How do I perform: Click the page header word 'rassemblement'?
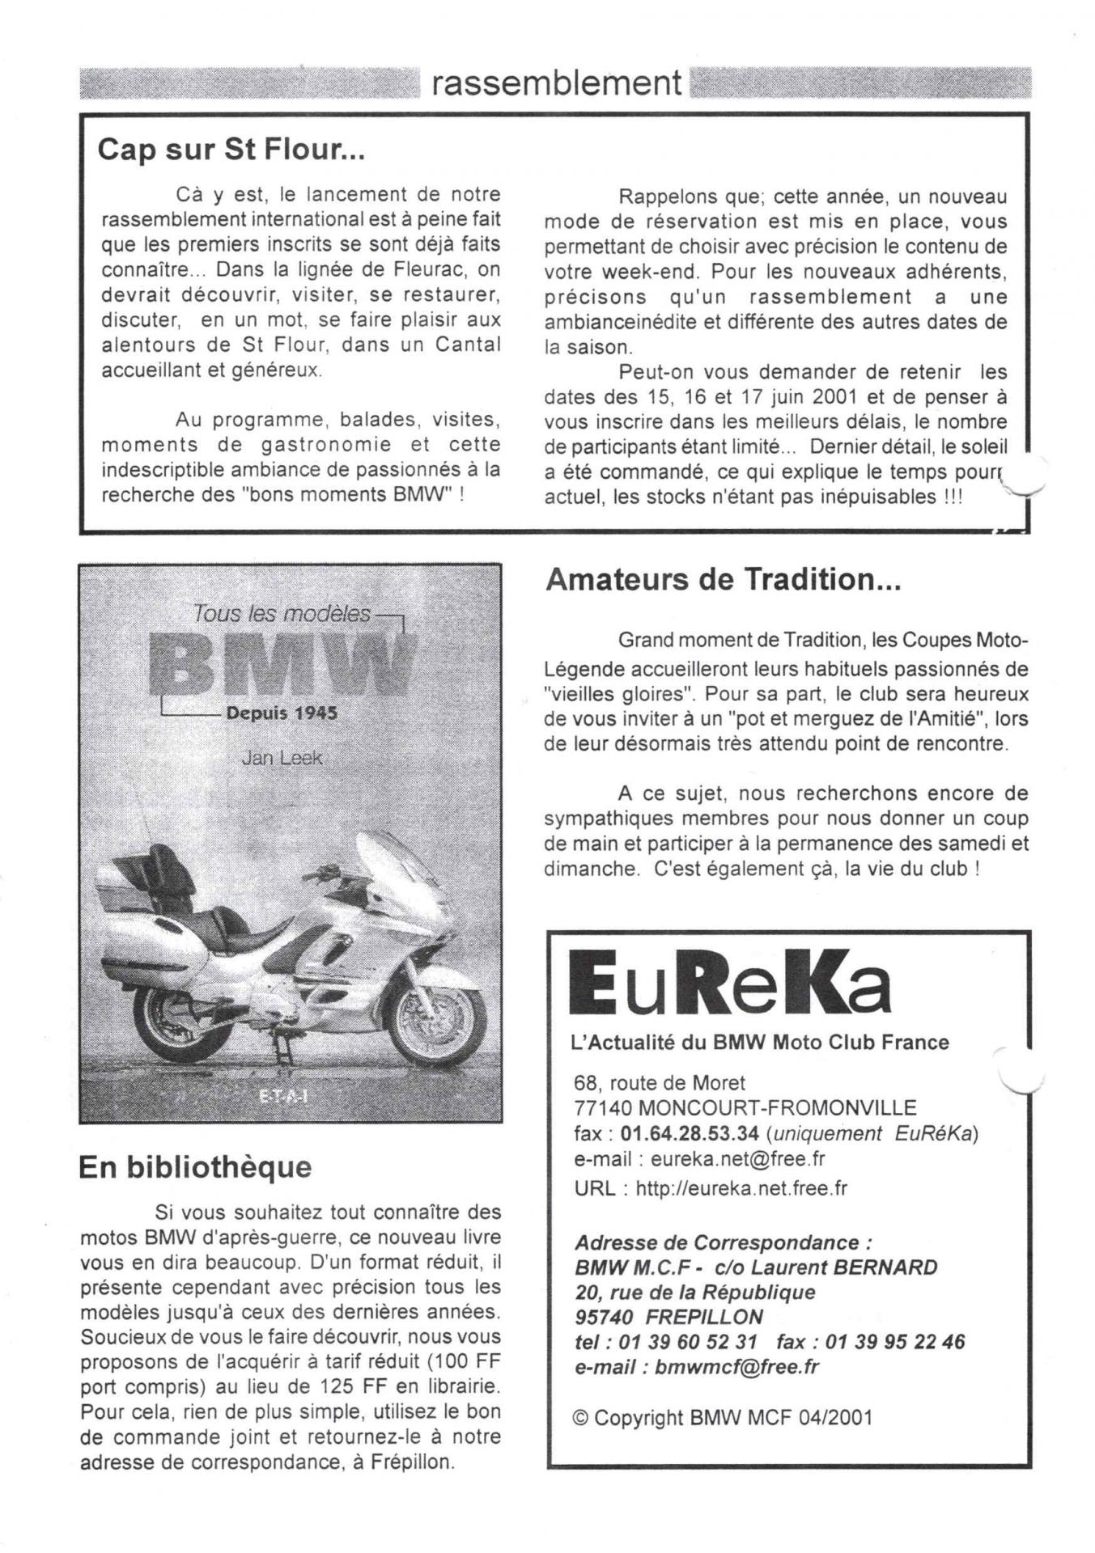(556, 83)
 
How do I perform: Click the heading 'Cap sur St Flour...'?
(231, 150)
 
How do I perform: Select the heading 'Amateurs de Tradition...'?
(723, 580)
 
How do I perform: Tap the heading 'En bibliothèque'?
(195, 1167)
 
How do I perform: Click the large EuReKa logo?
(729, 983)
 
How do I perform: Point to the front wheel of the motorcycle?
(435, 1022)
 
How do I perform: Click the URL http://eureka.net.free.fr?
(741, 1188)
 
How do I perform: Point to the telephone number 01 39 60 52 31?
(688, 1341)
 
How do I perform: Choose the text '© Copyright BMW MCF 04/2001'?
(722, 1417)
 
